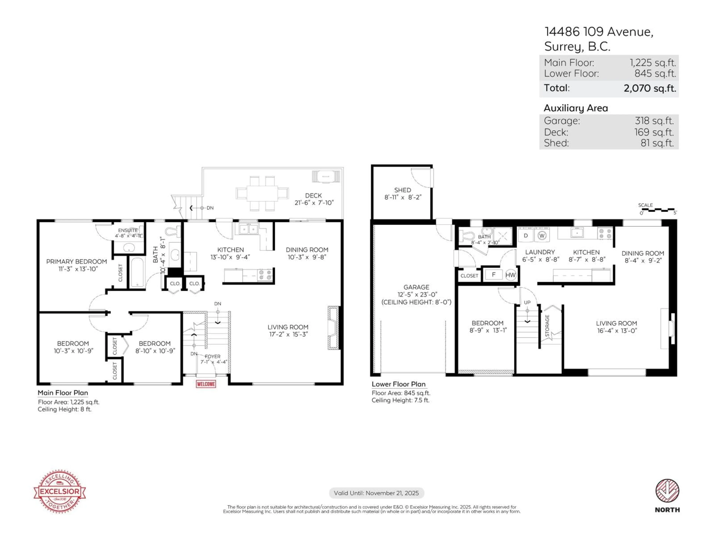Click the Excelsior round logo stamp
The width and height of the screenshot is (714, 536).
coord(60,491)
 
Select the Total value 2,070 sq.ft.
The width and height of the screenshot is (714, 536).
coord(649,88)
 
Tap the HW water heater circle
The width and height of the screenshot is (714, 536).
coord(510,275)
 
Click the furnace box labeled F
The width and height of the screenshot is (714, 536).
coord(493,275)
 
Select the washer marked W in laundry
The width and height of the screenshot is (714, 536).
coord(542,236)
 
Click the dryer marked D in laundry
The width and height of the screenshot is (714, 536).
coord(525,236)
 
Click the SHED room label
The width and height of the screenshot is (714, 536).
coord(403,190)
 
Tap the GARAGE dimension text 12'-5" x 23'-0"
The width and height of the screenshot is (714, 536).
coord(416,294)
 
